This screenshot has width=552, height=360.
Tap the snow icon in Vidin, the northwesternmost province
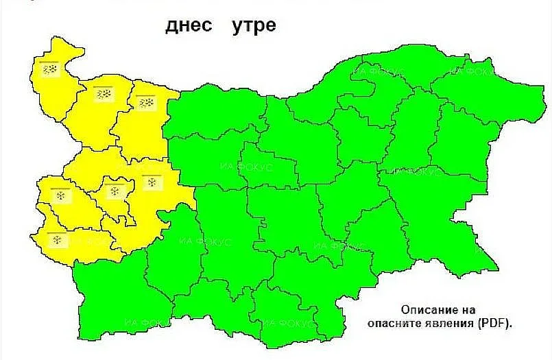(49, 69)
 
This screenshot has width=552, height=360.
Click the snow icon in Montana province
(103, 93)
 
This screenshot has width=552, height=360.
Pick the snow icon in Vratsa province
(145, 103)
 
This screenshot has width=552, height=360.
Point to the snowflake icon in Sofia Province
(152, 182)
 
